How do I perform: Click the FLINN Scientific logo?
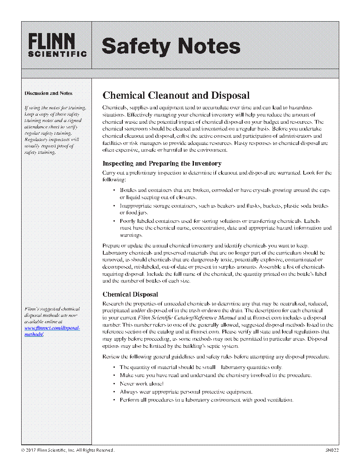coord(57,45)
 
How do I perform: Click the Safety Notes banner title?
coord(171,46)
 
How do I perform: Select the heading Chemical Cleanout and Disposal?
coord(176,95)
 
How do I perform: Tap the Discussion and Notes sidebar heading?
coord(48,93)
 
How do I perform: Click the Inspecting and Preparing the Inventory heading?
coord(162,164)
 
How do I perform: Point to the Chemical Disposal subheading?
coord(130,294)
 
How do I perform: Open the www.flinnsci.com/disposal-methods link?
coord(52,331)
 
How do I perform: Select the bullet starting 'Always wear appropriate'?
coord(186,392)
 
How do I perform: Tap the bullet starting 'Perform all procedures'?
coord(206,400)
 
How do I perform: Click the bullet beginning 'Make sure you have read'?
coord(216,375)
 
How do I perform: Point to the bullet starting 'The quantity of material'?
coord(201,367)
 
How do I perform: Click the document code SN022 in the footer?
coord(332,450)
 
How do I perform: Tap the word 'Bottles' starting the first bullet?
coord(128,190)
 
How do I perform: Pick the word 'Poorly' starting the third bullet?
coord(127,221)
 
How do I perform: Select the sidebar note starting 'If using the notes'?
coord(55,130)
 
